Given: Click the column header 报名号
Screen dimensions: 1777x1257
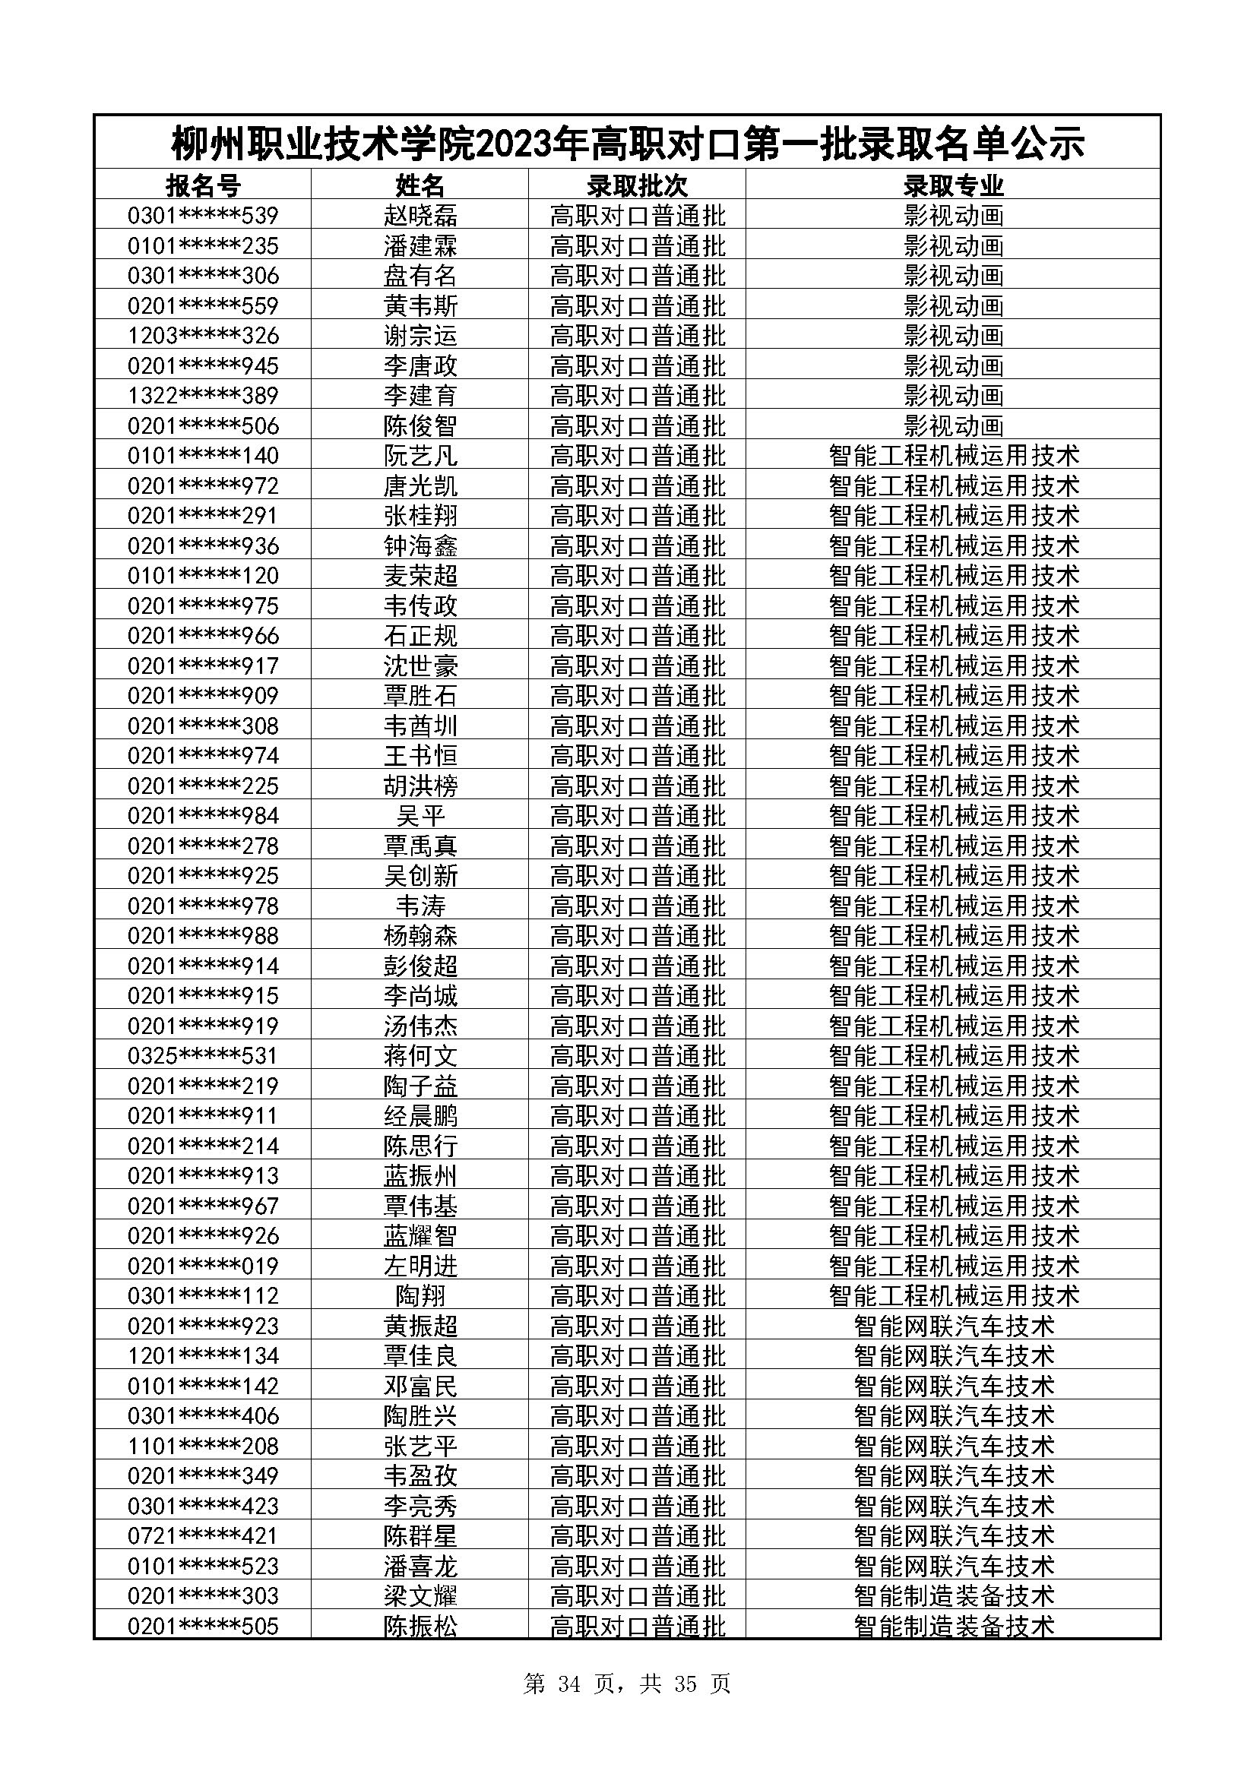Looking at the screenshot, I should coord(203,185).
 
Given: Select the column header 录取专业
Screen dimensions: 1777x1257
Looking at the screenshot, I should coord(953,185).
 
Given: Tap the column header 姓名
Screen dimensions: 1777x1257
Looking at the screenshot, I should coord(420,185).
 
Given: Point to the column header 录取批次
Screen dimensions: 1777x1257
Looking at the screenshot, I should coord(637,185).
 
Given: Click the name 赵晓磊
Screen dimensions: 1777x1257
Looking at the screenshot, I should coord(420,215).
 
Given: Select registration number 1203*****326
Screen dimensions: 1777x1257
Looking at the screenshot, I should coord(203,336).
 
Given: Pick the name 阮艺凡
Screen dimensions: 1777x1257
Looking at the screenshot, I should coord(420,456).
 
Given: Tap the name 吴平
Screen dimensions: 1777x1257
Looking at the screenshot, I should coord(420,816).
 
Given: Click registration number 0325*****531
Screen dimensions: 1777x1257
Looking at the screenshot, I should coord(203,1056).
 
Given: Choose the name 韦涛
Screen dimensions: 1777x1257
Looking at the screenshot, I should coord(420,906).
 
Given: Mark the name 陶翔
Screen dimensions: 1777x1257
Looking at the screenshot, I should coord(420,1295).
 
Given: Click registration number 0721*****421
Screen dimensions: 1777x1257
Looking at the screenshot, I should coord(203,1535).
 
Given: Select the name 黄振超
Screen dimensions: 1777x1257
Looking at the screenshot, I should coord(420,1326).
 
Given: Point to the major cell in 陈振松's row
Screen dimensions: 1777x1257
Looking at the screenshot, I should coord(954,1625).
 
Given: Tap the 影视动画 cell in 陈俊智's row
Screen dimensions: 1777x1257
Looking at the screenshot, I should coord(954,425).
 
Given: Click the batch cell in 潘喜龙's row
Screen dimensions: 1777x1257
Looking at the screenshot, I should coord(638,1566).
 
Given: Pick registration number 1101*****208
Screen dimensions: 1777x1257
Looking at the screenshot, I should coord(203,1446).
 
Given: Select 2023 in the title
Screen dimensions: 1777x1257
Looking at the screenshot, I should coord(515,144).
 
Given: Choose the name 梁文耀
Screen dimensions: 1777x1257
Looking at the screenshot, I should coord(420,1596).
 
